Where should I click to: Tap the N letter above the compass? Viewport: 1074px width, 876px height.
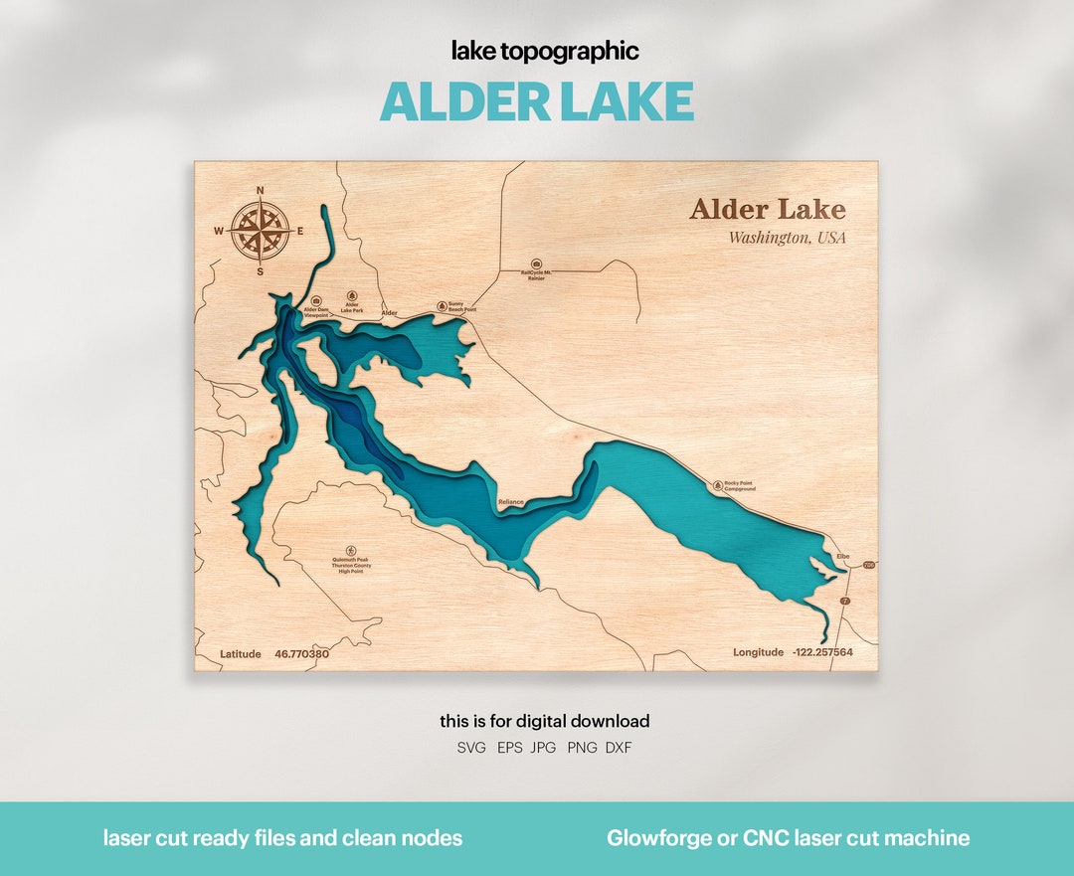261,190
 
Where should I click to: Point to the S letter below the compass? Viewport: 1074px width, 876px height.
261,271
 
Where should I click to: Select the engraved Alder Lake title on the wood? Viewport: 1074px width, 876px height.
767,210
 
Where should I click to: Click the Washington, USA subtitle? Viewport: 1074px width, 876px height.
787,238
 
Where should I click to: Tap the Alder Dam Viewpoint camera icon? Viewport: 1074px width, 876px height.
316,300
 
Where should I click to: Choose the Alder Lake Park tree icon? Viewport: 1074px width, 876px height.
351,296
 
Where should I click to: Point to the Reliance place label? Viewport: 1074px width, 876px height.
510,502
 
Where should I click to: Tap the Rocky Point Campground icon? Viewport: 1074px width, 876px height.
718,485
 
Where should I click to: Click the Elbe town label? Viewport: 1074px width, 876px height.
843,556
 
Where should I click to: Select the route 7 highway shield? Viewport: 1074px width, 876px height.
846,602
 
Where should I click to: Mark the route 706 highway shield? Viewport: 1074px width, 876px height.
868,565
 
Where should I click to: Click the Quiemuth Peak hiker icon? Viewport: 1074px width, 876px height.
350,550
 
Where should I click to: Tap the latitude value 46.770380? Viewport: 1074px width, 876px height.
301,653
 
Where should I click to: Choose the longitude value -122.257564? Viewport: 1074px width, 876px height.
821,652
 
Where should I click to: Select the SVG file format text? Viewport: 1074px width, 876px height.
471,748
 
